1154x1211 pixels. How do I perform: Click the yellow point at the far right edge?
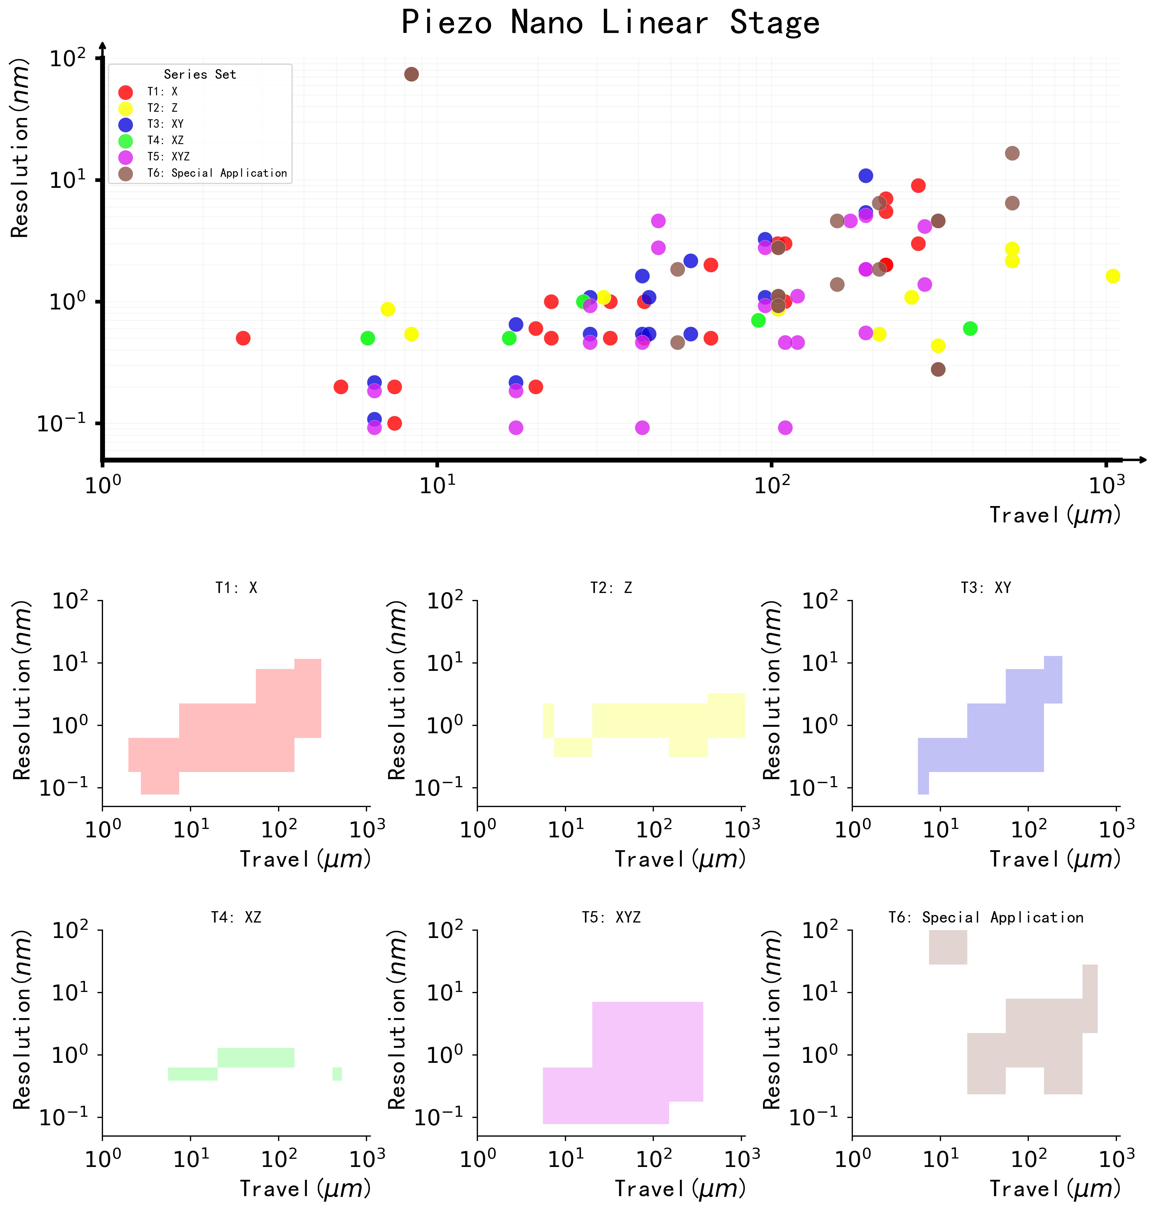1112,276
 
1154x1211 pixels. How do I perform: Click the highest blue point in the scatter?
865,176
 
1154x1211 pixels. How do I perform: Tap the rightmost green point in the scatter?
970,328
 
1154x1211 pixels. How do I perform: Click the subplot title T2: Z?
611,588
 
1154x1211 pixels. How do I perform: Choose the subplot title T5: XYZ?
611,918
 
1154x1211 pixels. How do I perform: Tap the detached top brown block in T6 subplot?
948,947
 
